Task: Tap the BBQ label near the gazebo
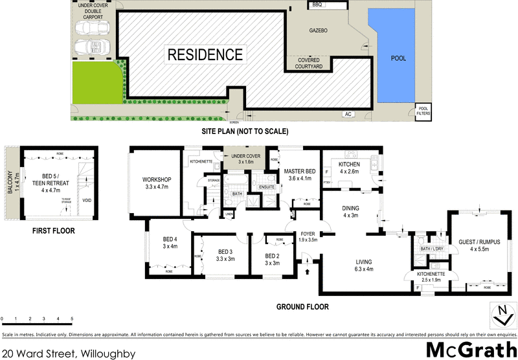[x=317, y=5]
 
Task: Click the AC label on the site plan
[x=348, y=113]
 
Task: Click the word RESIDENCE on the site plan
[x=205, y=54]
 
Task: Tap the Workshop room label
[x=155, y=183]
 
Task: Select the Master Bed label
[x=300, y=174]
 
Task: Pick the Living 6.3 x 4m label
[x=363, y=265]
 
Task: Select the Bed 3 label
[x=225, y=256]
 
